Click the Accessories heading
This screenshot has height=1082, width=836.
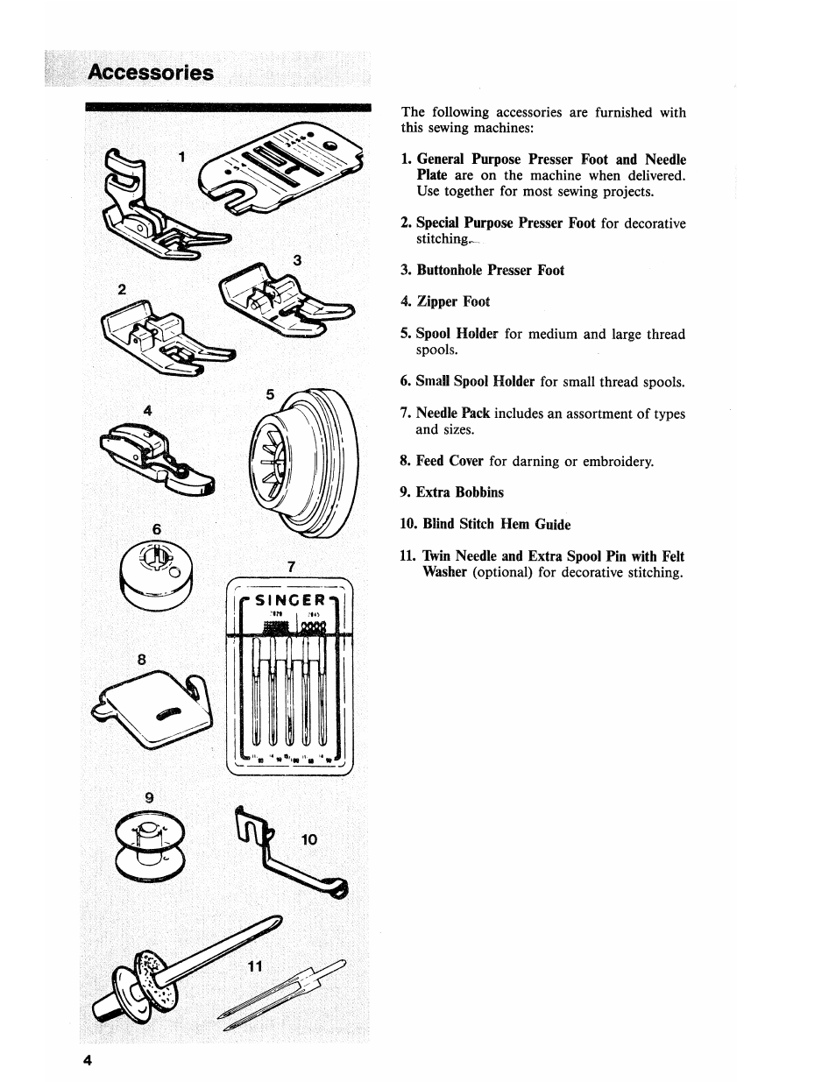point(150,72)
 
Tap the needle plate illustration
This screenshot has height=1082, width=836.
point(279,166)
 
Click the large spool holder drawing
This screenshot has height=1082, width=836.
point(303,461)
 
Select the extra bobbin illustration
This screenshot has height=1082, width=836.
point(151,843)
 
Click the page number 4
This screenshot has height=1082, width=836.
point(88,1059)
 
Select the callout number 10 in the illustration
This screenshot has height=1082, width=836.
point(309,839)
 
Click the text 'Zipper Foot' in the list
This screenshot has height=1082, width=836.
point(453,301)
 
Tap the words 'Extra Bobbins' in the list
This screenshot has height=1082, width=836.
point(459,492)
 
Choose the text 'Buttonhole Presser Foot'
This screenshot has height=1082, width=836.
point(490,270)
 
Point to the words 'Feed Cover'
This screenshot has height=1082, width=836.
point(450,461)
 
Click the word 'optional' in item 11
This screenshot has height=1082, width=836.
point(502,573)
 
